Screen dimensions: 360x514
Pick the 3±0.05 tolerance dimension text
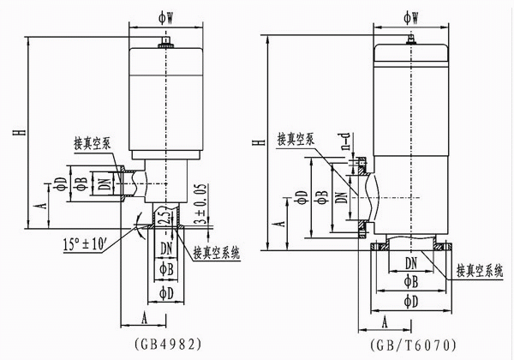point(200,204)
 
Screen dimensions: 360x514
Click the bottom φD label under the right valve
point(411,302)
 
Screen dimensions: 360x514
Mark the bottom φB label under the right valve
point(411,281)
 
